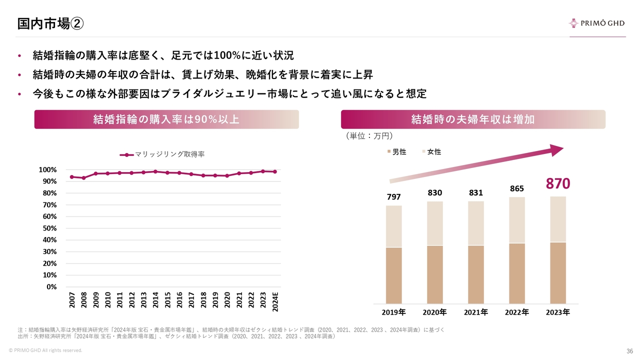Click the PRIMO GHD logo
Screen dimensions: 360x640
tap(597, 23)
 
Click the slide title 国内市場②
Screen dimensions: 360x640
tap(50, 23)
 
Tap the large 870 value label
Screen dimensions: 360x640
tap(557, 184)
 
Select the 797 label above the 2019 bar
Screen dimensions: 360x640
tap(393, 197)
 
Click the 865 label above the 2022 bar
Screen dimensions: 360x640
tap(517, 189)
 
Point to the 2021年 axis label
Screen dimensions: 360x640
tap(475, 312)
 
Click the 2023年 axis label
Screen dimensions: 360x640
tap(557, 312)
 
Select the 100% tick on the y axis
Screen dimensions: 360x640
tap(47, 170)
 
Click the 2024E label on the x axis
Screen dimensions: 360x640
tap(275, 299)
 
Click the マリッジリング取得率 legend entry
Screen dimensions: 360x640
tap(162, 154)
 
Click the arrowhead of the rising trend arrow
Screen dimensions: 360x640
tap(555, 150)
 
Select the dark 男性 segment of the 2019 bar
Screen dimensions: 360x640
tap(393, 275)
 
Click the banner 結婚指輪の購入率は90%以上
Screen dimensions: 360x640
tap(166, 119)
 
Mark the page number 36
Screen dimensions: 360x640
tap(629, 351)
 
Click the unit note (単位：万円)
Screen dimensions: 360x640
tap(369, 136)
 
